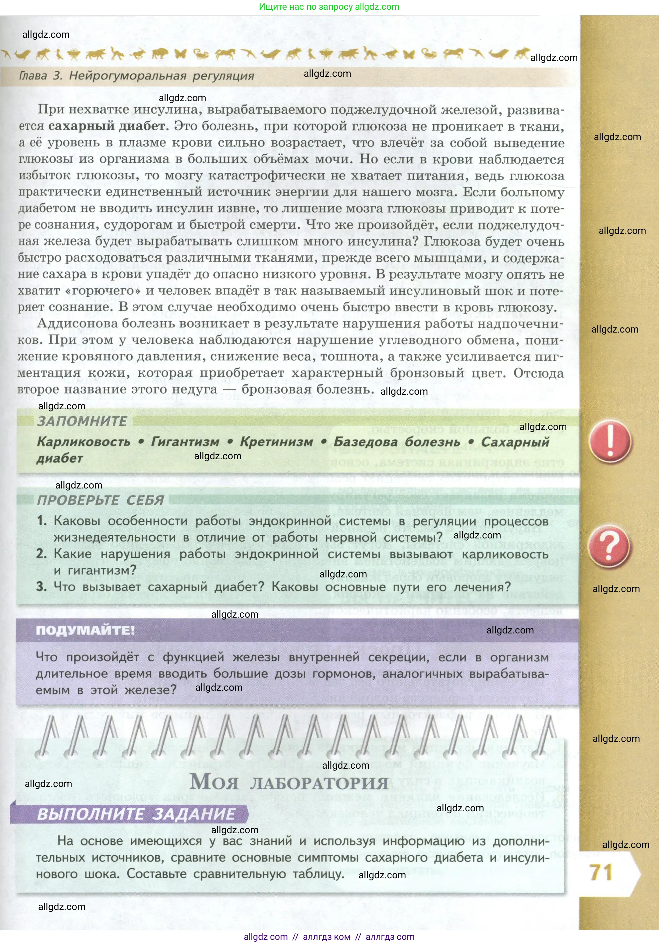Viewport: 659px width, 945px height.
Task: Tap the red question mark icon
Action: [x=609, y=547]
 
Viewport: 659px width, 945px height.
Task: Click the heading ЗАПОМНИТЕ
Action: [x=82, y=421]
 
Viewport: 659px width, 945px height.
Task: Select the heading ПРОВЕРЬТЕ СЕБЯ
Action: [x=101, y=500]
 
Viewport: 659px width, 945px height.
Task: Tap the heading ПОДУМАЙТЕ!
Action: [x=85, y=630]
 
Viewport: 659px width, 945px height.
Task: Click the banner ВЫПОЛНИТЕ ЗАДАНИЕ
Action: [x=136, y=814]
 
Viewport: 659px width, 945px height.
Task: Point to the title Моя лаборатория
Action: [x=289, y=781]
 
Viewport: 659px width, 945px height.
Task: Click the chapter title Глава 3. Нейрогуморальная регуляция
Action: [x=137, y=76]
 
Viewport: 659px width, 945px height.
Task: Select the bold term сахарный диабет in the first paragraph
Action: [x=107, y=126]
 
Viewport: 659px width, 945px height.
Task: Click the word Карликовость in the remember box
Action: [x=83, y=442]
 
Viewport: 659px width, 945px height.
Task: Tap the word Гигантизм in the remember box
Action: [x=185, y=442]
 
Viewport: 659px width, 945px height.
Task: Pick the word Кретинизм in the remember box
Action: [x=276, y=442]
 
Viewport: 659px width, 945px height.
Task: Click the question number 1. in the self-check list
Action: [x=42, y=521]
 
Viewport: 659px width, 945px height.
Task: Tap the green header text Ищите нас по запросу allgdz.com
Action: [x=329, y=7]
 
